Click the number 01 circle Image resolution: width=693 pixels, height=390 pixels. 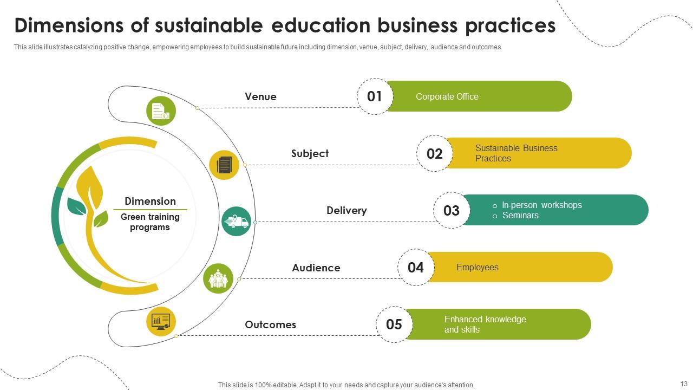[x=375, y=96]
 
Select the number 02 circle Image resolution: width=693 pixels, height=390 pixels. [x=434, y=154]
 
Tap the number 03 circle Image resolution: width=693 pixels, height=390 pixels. [x=451, y=211]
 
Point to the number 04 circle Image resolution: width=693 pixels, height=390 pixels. [x=416, y=268]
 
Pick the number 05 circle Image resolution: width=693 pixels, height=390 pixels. [x=394, y=324]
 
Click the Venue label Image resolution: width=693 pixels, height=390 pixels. [x=260, y=97]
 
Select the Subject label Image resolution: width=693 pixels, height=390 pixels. [x=310, y=154]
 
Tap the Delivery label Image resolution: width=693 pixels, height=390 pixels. [x=346, y=211]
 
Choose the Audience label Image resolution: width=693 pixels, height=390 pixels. [x=316, y=268]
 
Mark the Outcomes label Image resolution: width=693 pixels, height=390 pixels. [x=270, y=325]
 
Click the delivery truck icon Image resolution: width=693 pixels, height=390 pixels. [x=236, y=222]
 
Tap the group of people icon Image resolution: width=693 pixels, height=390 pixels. [x=218, y=279]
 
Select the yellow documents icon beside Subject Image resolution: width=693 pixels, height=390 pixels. [x=224, y=165]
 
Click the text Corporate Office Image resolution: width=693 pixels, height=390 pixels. [x=447, y=97]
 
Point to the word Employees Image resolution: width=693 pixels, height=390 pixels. [x=477, y=268]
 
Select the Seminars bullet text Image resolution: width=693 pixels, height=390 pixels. [x=520, y=216]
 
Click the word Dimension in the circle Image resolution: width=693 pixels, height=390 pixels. [x=150, y=201]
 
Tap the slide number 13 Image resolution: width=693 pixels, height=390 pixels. [x=683, y=383]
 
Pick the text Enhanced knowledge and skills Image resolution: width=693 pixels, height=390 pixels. [x=485, y=324]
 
